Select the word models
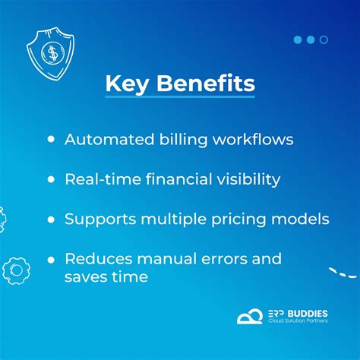pyautogui.click(x=301, y=219)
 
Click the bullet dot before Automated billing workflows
pyautogui.click(x=51, y=140)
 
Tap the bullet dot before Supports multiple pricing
pyautogui.click(x=51, y=219)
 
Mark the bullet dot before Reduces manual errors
pyautogui.click(x=51, y=259)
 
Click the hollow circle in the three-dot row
pyautogui.click(x=324, y=39)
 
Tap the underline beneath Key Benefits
pyautogui.click(x=180, y=96)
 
